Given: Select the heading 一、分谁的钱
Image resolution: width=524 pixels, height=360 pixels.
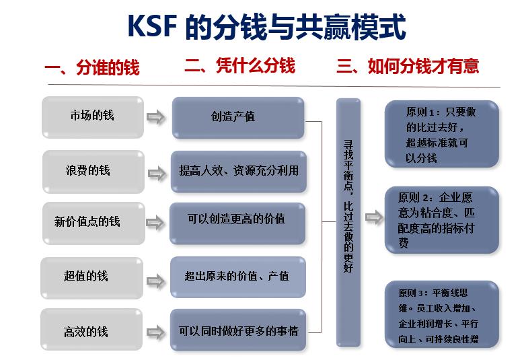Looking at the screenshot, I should click(x=92, y=68).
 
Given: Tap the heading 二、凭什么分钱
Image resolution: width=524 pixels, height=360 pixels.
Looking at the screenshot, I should click(x=239, y=66).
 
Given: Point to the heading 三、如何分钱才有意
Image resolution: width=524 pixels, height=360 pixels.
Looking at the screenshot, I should click(x=408, y=66).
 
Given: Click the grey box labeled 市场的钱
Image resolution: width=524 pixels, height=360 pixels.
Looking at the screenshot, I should click(x=92, y=115).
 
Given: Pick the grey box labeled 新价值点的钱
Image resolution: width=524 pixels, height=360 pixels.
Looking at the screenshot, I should click(x=93, y=222).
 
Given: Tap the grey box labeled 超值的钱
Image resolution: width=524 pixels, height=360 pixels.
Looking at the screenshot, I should click(x=91, y=276).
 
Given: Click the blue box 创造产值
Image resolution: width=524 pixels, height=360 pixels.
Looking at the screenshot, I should click(x=238, y=117).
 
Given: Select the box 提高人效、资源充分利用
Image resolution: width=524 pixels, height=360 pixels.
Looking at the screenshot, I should click(x=238, y=171).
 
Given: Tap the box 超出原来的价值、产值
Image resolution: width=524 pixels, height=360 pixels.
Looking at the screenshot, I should click(x=238, y=276).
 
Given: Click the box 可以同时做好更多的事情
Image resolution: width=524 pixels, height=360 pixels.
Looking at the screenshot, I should click(x=238, y=330).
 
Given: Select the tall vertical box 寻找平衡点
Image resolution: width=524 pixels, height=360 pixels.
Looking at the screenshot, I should click(x=348, y=222).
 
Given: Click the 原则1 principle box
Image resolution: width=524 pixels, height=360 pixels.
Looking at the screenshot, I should click(x=441, y=133).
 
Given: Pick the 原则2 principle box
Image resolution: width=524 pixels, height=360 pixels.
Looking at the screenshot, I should click(x=441, y=221).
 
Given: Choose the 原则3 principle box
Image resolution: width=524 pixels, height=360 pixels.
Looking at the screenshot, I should click(x=441, y=316).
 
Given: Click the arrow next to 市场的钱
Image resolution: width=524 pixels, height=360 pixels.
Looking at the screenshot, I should click(x=156, y=118).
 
